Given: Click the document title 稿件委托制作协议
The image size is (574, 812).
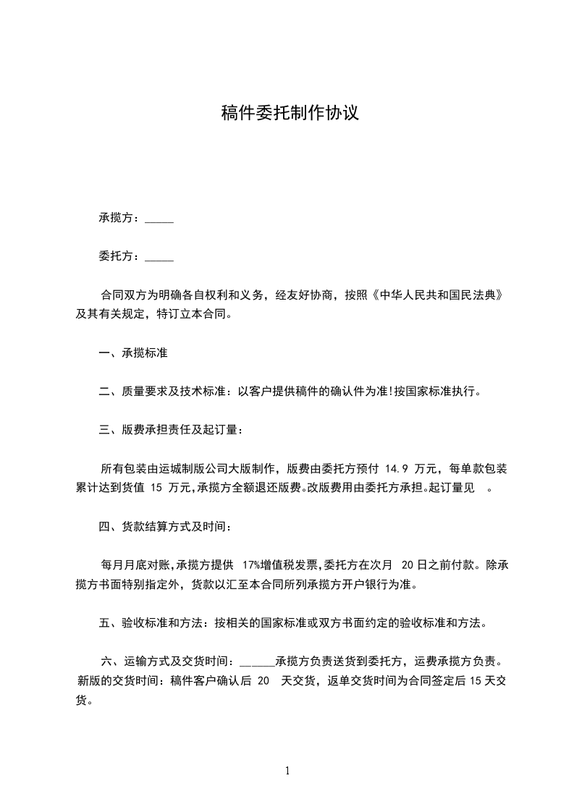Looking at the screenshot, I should coord(290,114).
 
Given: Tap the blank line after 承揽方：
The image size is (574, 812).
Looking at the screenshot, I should coord(159,219).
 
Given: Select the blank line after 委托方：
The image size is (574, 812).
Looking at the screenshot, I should coord(159,256).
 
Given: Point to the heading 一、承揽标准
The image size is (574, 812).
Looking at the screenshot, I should coord(134,353).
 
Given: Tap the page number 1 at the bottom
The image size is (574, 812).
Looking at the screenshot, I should coord(287,771).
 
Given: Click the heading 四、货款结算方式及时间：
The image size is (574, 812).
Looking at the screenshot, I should coord(166,526).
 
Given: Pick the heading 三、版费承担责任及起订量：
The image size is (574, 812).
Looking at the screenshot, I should coord(172,430).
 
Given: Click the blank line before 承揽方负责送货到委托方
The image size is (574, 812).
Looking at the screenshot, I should coord(256,661).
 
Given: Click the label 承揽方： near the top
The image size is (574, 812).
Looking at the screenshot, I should coord(121,219).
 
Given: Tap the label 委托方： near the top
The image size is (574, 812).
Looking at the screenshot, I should coord(121,256).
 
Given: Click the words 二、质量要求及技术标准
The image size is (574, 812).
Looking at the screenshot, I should coord(162,392).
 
